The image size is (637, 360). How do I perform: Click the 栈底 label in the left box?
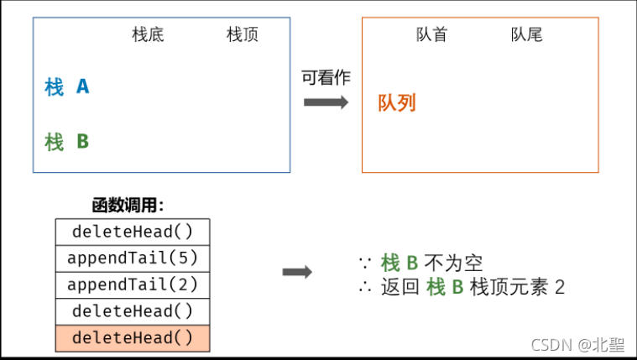coord(148,35)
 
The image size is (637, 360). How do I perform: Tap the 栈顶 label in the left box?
coord(243,35)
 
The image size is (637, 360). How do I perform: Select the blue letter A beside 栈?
coord(82,86)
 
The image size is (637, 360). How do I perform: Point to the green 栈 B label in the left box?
coord(66,142)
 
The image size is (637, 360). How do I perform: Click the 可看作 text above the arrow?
coord(326,77)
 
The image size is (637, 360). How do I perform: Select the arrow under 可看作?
coord(326,102)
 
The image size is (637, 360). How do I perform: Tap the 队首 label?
coord(432,35)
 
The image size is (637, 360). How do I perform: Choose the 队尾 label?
coord(527,35)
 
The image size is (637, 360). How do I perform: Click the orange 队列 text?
coord(397,103)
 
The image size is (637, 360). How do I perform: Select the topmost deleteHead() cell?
coord(133,231)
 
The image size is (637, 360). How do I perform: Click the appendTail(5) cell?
coord(133,258)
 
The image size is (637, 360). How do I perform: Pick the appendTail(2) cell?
coord(133,284)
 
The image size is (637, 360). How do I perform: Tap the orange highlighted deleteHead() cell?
coord(133,338)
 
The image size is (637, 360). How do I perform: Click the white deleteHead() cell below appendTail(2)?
coord(133,311)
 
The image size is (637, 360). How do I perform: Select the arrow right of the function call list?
coord(297,272)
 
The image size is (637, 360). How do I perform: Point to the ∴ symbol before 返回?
coord(365,288)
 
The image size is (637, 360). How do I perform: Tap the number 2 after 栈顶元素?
coord(560,288)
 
